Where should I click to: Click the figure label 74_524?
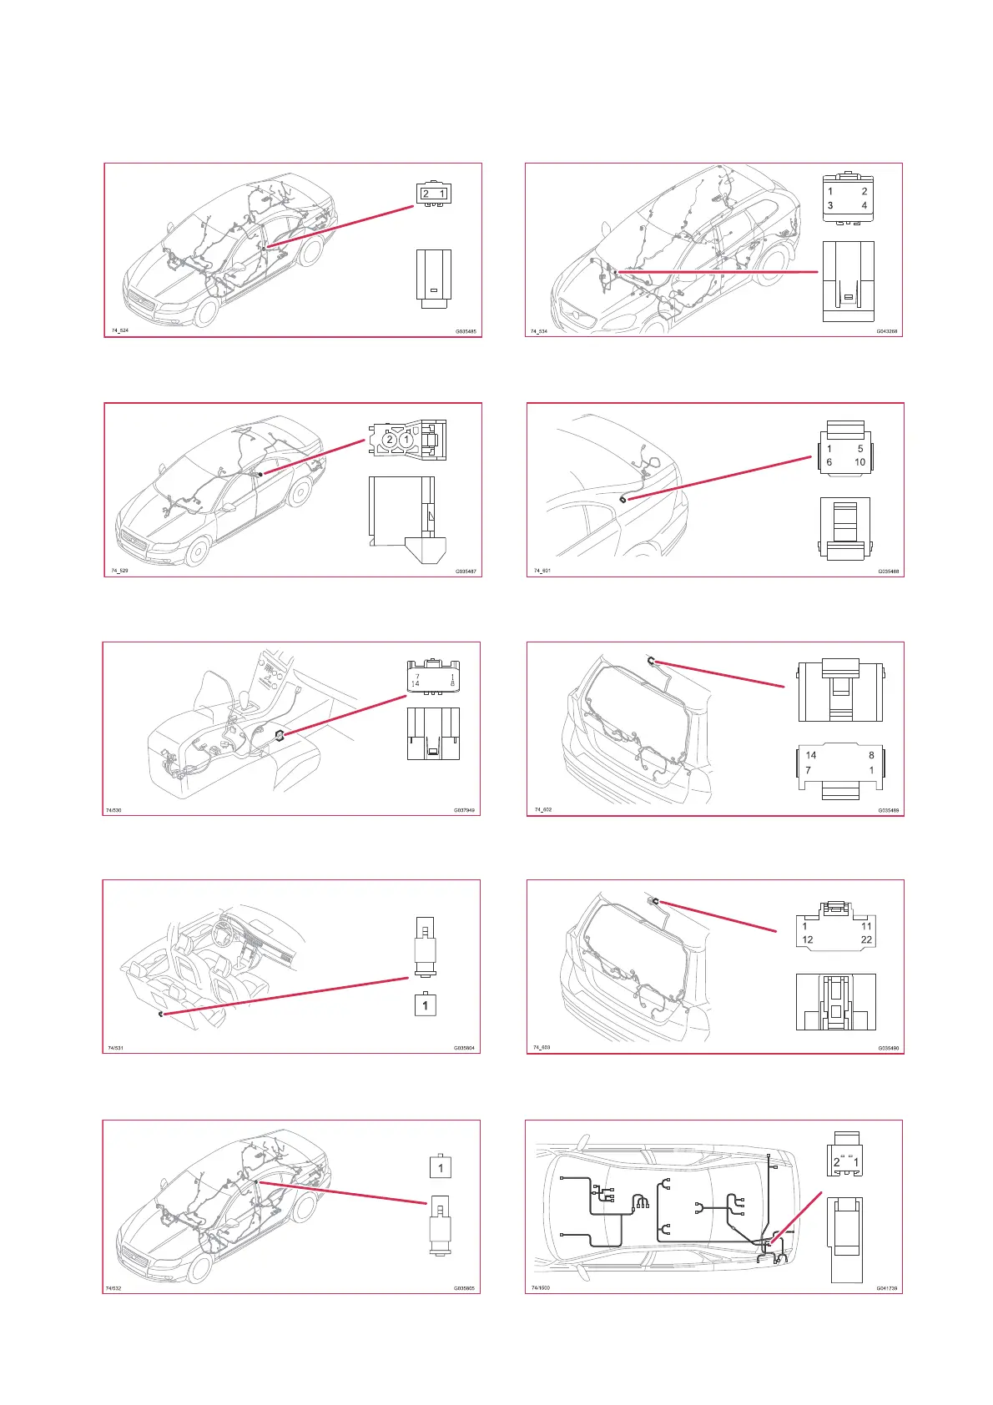pos(120,330)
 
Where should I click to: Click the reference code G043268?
pos(886,331)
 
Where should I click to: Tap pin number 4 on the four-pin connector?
pos(864,205)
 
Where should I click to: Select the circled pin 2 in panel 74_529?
pos(389,440)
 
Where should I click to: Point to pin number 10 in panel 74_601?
pos(859,462)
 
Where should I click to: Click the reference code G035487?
pos(466,572)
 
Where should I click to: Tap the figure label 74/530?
pos(113,810)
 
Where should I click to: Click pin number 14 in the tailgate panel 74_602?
pos(810,755)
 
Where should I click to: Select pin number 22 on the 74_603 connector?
pos(866,939)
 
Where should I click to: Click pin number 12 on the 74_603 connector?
pos(807,939)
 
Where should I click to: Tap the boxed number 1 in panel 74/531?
pos(425,1005)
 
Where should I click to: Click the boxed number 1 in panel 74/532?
pos(441,1167)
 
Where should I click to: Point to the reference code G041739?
pos(886,1288)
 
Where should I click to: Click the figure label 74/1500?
pos(541,1287)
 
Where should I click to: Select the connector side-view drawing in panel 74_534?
pos(848,281)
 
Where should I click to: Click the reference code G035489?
pos(888,810)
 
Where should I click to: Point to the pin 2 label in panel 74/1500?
pos(836,1162)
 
